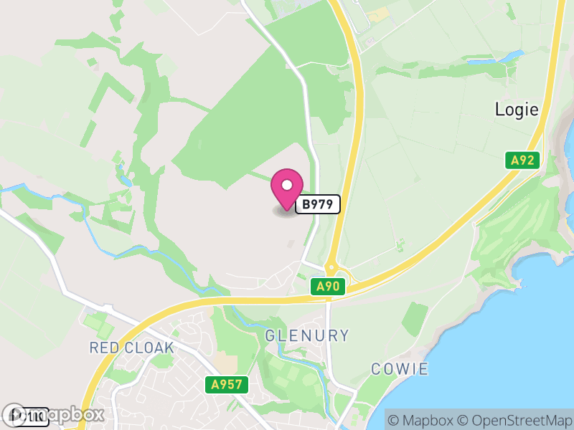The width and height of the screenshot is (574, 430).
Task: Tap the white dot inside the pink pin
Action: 287,185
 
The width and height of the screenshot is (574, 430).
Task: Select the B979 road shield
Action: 317,204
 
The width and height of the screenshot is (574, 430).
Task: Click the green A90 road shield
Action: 331,287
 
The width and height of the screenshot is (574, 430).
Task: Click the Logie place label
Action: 516,110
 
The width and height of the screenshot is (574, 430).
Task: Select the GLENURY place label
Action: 307,335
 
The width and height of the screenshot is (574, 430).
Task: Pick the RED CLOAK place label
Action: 131,348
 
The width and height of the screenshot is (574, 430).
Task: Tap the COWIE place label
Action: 400,369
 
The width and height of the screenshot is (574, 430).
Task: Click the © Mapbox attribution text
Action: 421,419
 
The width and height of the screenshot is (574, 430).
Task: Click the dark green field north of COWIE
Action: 415,319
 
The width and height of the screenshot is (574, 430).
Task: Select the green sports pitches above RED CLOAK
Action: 98,323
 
